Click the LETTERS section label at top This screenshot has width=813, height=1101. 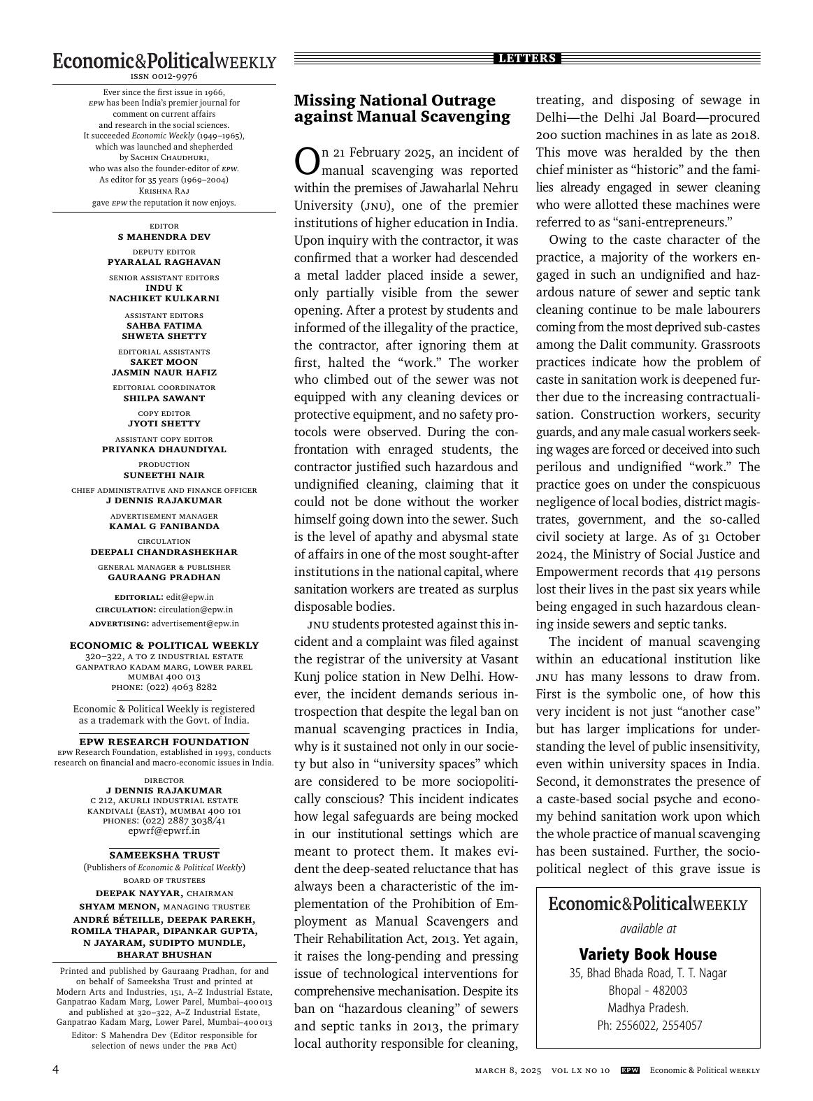pyautogui.click(x=527, y=59)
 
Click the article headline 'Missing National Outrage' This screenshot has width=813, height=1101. pyautogui.click(x=394, y=100)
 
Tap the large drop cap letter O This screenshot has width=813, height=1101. pyautogui.click(x=307, y=161)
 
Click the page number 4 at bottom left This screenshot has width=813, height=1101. pyautogui.click(x=56, y=1070)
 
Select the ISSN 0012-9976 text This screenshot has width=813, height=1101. pyautogui.click(x=164, y=76)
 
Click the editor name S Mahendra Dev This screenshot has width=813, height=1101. pyautogui.click(x=164, y=237)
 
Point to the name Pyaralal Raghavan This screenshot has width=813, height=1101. pyautogui.click(x=164, y=262)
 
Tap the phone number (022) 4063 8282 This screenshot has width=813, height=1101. pyautogui.click(x=181, y=687)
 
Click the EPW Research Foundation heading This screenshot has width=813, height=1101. pyautogui.click(x=164, y=742)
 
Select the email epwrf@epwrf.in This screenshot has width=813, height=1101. pyautogui.click(x=164, y=831)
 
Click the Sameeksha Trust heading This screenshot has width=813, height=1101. pyautogui.click(x=164, y=855)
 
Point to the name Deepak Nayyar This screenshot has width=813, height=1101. pyautogui.click(x=139, y=893)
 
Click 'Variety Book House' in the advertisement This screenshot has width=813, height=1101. pyautogui.click(x=647, y=954)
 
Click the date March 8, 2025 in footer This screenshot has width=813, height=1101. pyautogui.click(x=508, y=1071)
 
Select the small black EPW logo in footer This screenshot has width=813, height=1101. pyautogui.click(x=630, y=1070)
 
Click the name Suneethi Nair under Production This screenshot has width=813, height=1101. pyautogui.click(x=164, y=475)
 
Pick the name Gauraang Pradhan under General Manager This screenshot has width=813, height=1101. pyautogui.click(x=164, y=577)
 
